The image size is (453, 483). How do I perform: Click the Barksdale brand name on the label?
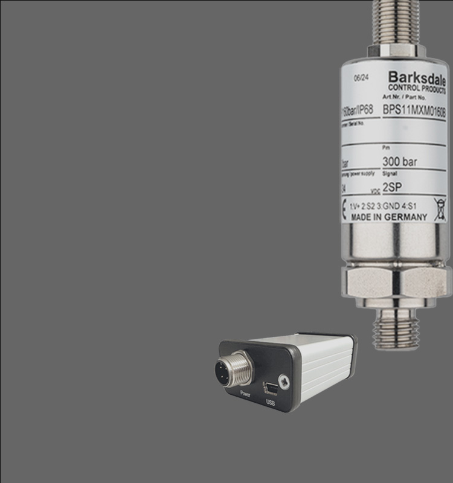(x=416, y=78)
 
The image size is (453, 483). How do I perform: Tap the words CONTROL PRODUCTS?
(x=416, y=89)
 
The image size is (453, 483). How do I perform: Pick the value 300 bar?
(x=400, y=162)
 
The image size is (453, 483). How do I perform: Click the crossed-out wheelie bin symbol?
(x=439, y=209)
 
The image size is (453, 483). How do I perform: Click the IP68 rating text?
(x=361, y=110)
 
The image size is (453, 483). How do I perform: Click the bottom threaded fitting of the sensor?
(x=396, y=331)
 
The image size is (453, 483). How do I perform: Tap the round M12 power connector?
(x=233, y=368)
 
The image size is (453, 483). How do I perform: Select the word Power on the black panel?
(x=245, y=393)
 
